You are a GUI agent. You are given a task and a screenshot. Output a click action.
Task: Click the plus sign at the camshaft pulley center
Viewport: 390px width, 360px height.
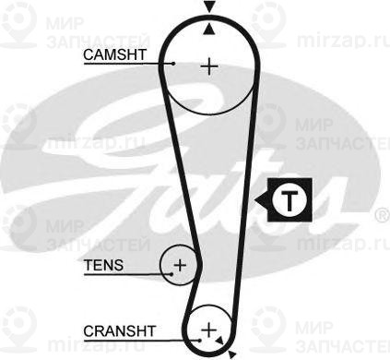[210, 66]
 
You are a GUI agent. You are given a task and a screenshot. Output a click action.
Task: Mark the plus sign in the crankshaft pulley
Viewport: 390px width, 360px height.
[209, 330]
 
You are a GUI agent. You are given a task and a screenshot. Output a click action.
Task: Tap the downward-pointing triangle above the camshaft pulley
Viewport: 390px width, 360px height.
[210, 7]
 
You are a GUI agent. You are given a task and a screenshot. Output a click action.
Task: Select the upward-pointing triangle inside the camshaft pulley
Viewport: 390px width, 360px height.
[210, 28]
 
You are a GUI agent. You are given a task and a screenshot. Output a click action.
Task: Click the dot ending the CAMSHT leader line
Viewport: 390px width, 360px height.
[172, 64]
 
